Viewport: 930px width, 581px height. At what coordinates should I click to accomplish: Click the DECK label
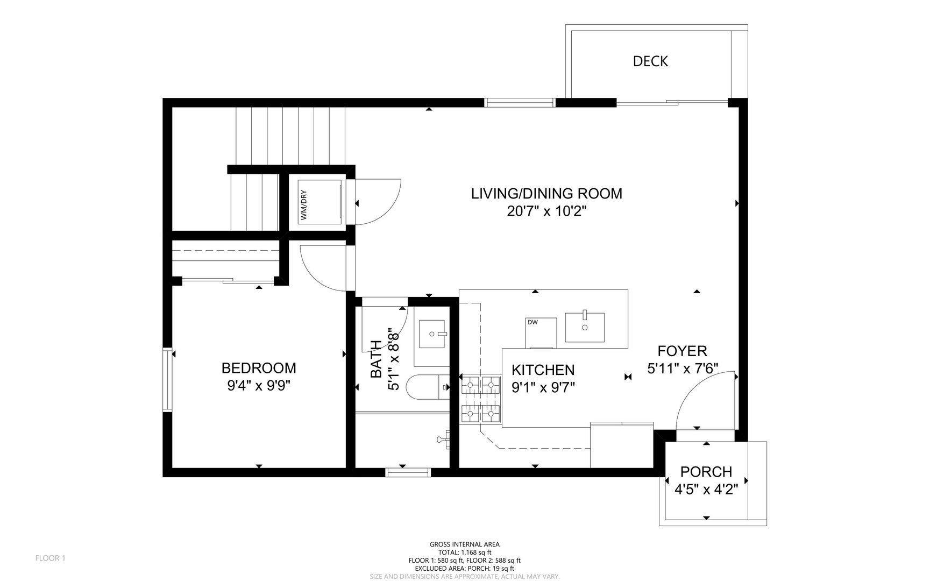650,61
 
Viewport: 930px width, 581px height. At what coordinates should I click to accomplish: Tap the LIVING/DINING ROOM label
546,194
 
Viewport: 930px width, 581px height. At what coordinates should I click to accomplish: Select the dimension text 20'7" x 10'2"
546,211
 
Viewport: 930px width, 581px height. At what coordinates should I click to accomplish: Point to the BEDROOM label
259,368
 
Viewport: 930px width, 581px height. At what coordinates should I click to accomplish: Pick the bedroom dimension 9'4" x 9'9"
259,386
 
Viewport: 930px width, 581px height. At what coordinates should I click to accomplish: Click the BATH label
376,359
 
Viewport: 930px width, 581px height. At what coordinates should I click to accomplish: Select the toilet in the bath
428,386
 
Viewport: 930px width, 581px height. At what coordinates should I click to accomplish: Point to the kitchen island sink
584,327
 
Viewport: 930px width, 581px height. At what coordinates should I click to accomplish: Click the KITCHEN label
543,370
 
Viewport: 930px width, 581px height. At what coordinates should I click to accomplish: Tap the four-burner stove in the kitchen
481,399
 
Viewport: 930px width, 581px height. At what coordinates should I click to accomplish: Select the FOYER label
682,351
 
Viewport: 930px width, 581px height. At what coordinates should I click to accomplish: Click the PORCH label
706,472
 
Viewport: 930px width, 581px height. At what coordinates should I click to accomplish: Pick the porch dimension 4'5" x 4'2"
706,490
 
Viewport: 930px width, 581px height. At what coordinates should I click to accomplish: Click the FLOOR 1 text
50,558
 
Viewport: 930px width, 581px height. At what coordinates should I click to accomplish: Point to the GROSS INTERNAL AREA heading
465,544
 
